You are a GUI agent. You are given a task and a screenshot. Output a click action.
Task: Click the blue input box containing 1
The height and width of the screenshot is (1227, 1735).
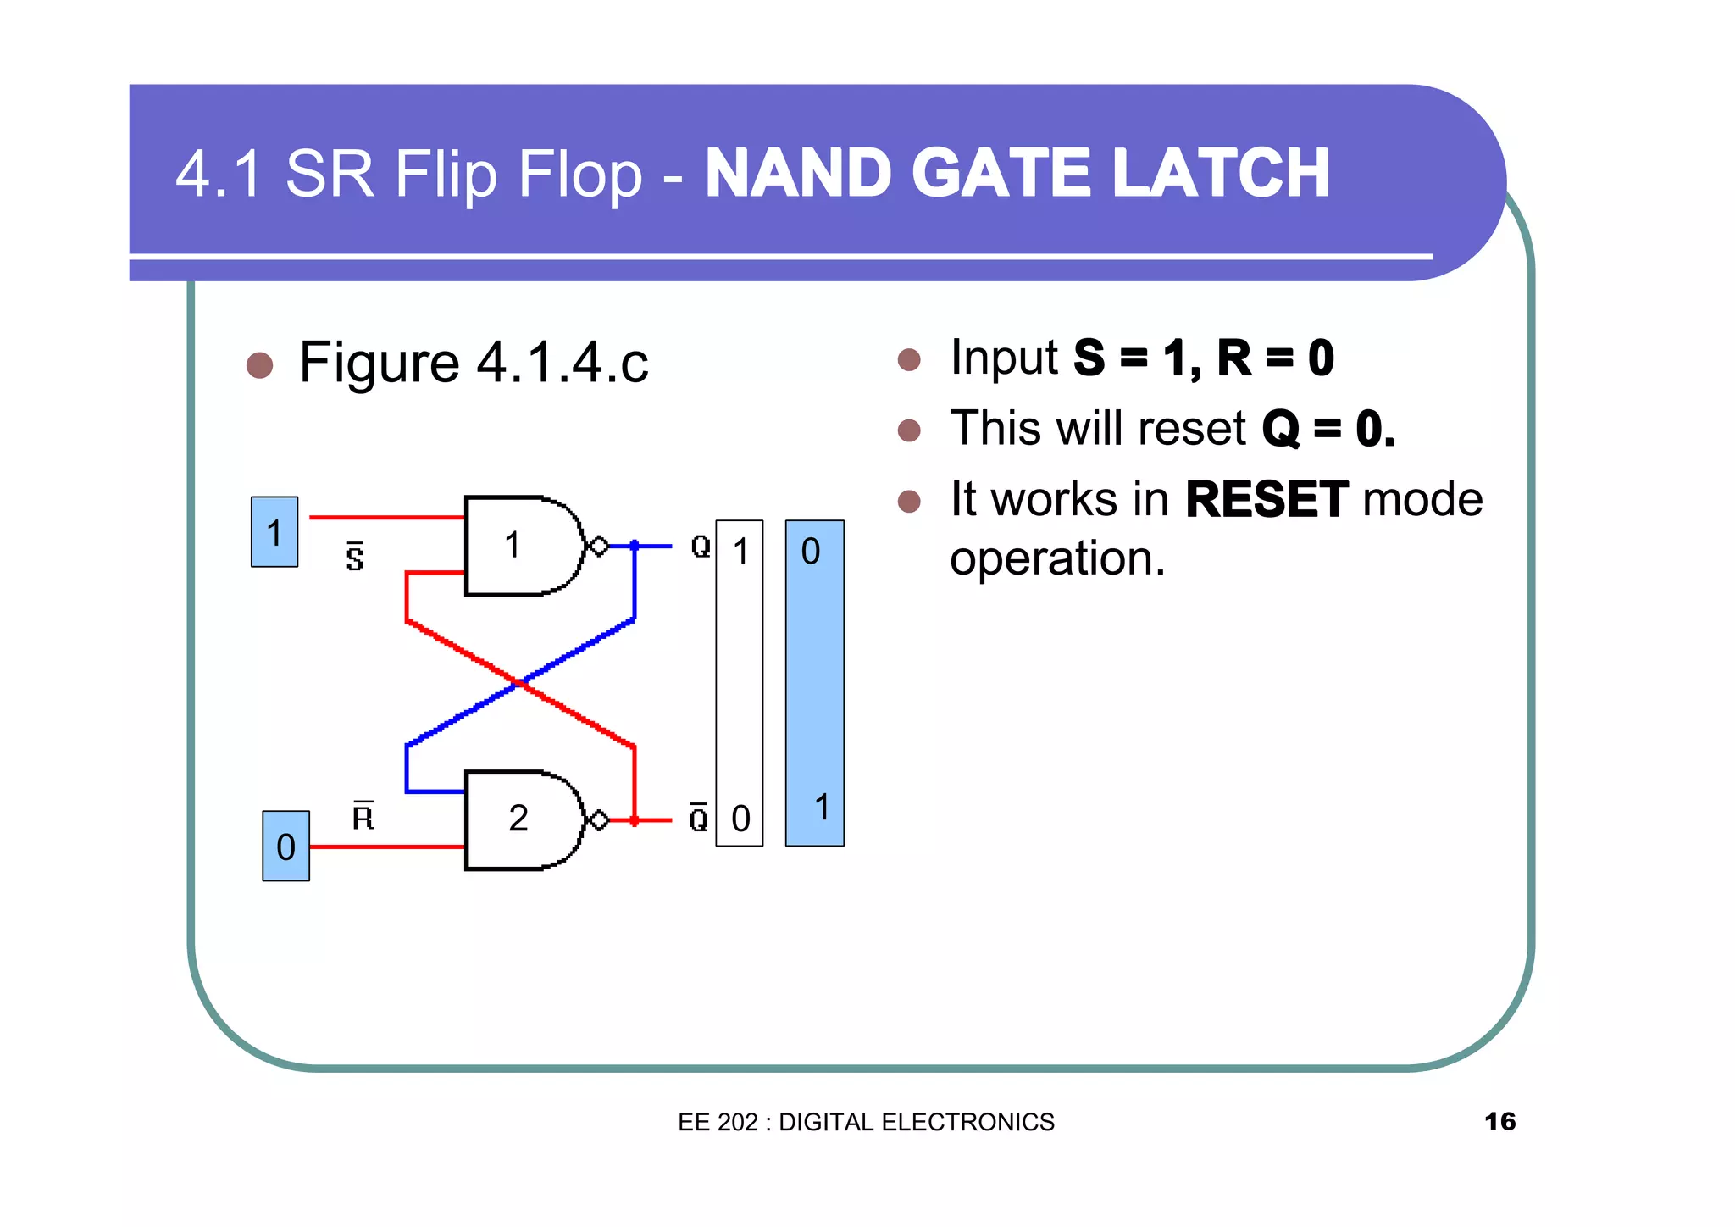coord(274,532)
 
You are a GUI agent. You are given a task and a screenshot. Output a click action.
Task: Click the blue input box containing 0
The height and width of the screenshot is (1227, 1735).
coord(285,846)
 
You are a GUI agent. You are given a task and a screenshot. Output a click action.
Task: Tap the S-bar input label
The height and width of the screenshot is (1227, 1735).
coord(355,558)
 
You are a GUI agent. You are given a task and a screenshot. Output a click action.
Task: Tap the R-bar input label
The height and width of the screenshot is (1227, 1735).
coord(363,816)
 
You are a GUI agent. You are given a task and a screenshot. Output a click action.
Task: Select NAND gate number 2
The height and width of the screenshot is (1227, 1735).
coord(518,819)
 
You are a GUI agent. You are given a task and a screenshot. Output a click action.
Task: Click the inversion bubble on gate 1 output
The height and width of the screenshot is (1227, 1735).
coord(598,547)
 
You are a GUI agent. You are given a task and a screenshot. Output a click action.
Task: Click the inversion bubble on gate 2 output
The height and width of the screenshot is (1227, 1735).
coord(598,820)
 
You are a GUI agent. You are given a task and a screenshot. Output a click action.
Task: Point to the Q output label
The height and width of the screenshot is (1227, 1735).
coord(701,547)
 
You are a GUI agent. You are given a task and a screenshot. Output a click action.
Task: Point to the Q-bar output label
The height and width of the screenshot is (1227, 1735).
coord(699,818)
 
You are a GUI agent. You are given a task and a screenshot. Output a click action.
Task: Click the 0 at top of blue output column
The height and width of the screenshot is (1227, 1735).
coord(811,552)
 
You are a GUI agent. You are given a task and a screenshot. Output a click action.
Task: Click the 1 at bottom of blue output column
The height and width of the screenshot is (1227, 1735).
coord(821,807)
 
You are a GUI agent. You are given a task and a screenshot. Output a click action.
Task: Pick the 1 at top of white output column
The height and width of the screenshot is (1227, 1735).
coord(740,552)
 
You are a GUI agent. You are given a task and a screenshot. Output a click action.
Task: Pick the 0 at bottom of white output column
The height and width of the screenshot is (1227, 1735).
coord(740,819)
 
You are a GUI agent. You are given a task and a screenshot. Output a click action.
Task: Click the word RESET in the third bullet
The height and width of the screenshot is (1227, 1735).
coord(1266,499)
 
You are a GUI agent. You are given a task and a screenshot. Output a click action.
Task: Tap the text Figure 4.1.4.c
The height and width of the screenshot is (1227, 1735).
coord(474,363)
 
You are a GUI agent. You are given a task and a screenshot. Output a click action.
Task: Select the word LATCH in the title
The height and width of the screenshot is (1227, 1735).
coord(1221,174)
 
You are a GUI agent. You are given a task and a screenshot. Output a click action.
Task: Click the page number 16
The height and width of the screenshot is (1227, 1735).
coord(1499,1121)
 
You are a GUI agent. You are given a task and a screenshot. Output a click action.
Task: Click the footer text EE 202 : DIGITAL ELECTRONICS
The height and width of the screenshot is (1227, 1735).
coord(866,1122)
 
